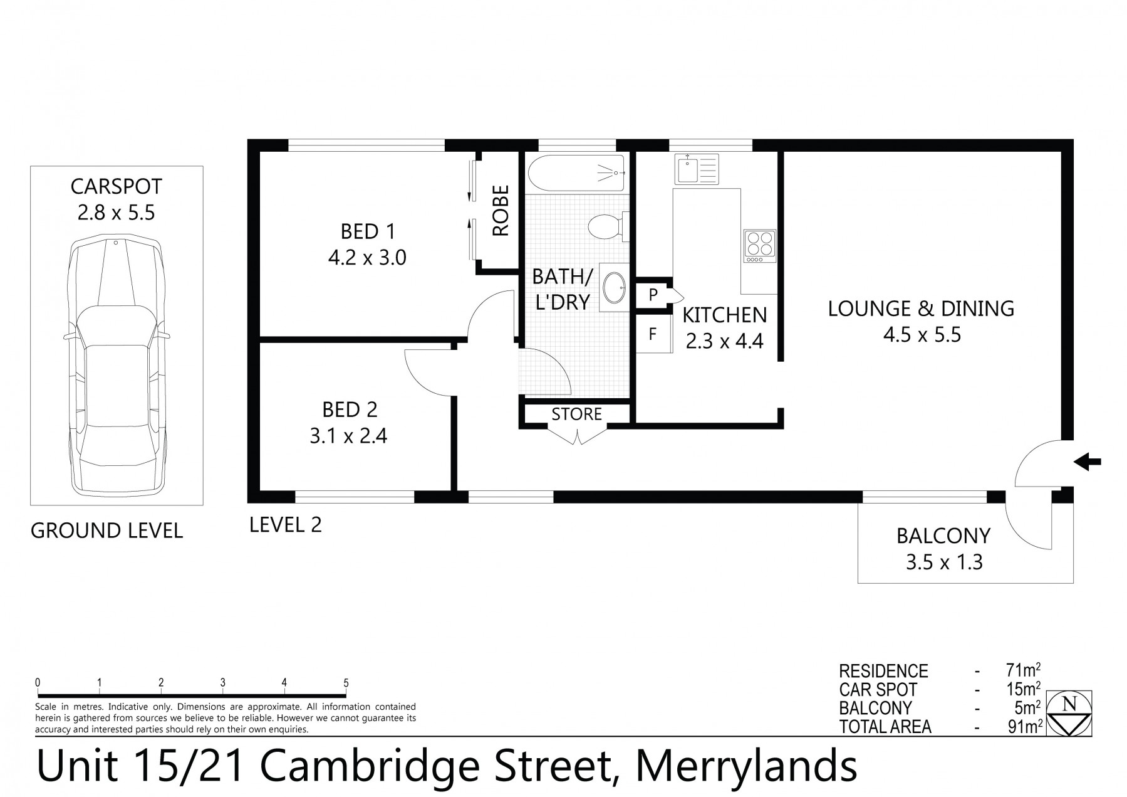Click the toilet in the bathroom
606,226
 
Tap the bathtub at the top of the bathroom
576,172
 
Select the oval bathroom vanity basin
613,288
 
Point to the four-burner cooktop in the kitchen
759,246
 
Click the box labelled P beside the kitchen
653,295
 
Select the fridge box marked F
653,334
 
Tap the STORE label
576,414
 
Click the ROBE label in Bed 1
501,211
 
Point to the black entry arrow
1087,463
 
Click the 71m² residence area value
1020,670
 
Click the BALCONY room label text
943,536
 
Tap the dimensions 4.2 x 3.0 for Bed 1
367,258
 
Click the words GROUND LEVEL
107,530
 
